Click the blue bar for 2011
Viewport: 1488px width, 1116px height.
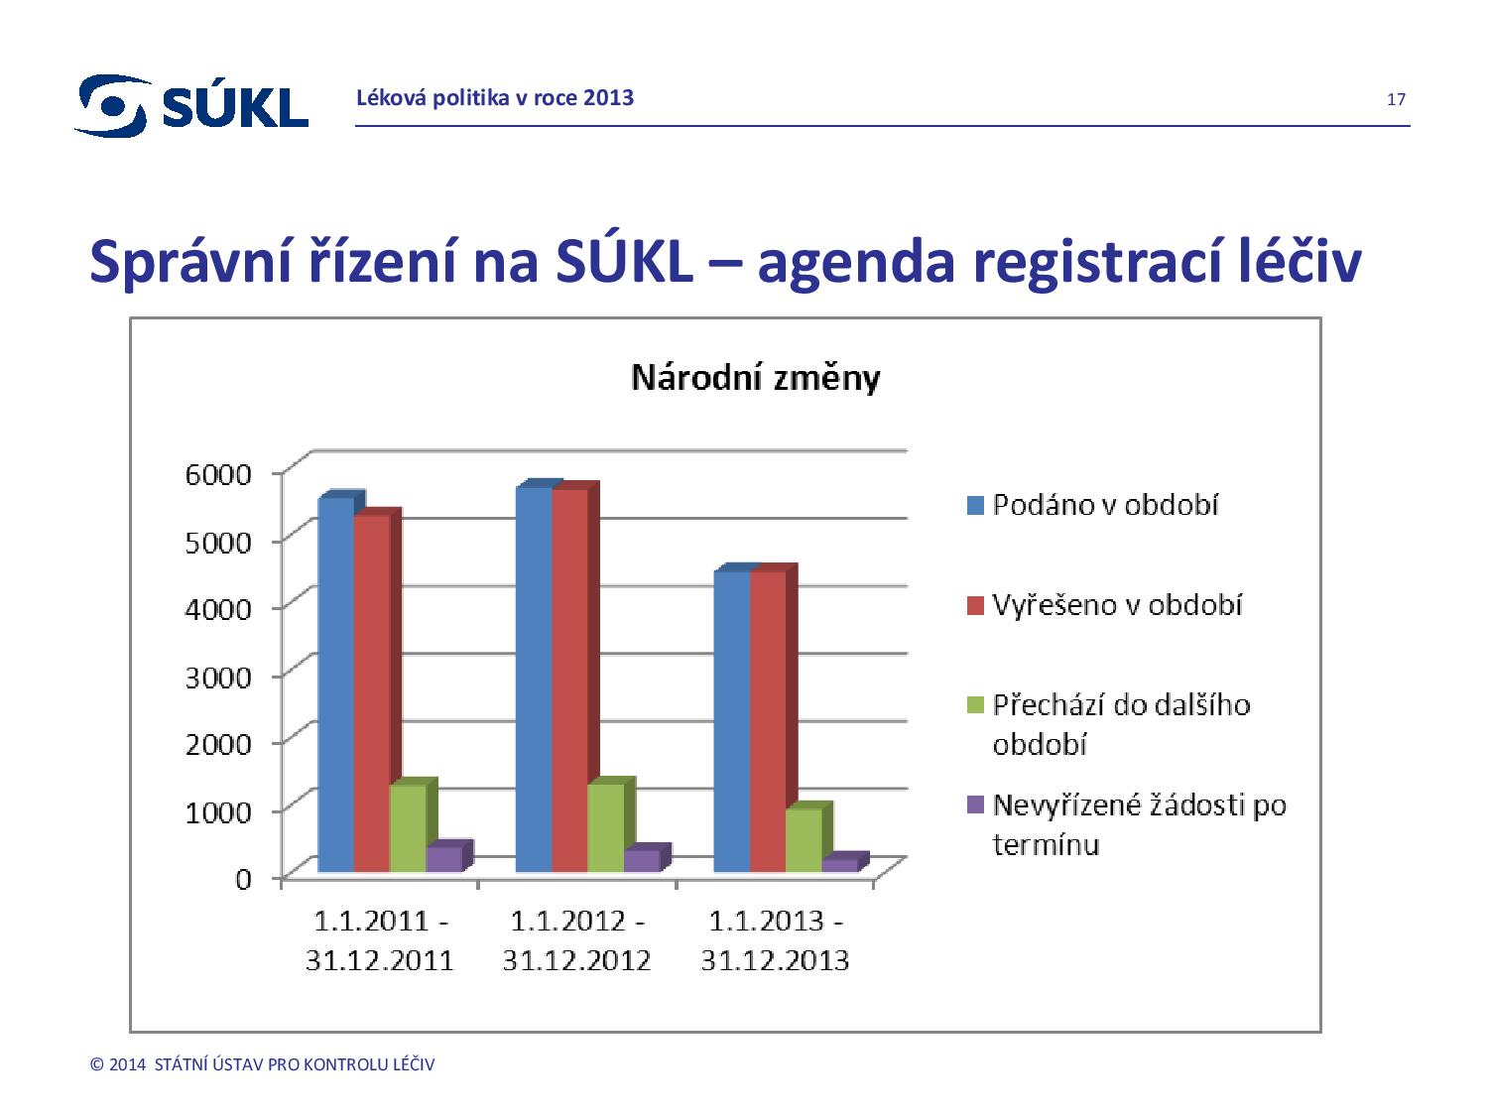(335, 684)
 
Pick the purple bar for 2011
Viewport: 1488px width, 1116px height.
(443, 859)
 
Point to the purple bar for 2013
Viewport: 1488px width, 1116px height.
(839, 865)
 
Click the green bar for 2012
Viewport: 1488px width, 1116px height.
(605, 828)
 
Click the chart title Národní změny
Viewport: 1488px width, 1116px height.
(756, 379)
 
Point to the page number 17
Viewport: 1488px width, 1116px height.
(1396, 99)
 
